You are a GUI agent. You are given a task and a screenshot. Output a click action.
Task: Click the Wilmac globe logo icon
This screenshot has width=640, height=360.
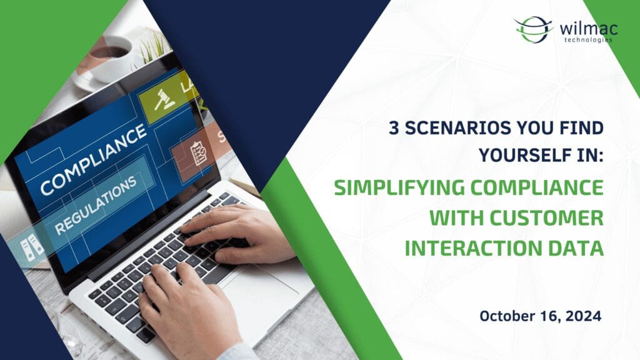533,29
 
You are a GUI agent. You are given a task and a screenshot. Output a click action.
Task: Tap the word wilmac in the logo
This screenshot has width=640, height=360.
589,29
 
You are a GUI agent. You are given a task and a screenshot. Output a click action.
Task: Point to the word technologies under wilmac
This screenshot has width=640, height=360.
588,40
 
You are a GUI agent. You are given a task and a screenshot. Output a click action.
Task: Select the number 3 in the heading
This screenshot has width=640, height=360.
394,128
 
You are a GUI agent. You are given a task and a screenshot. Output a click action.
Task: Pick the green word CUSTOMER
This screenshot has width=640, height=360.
546,217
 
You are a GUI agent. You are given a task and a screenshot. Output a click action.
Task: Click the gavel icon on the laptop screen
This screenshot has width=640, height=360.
164,100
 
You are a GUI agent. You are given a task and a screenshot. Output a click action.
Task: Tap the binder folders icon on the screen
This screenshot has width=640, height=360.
32,246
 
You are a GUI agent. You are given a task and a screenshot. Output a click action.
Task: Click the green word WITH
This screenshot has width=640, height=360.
456,217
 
